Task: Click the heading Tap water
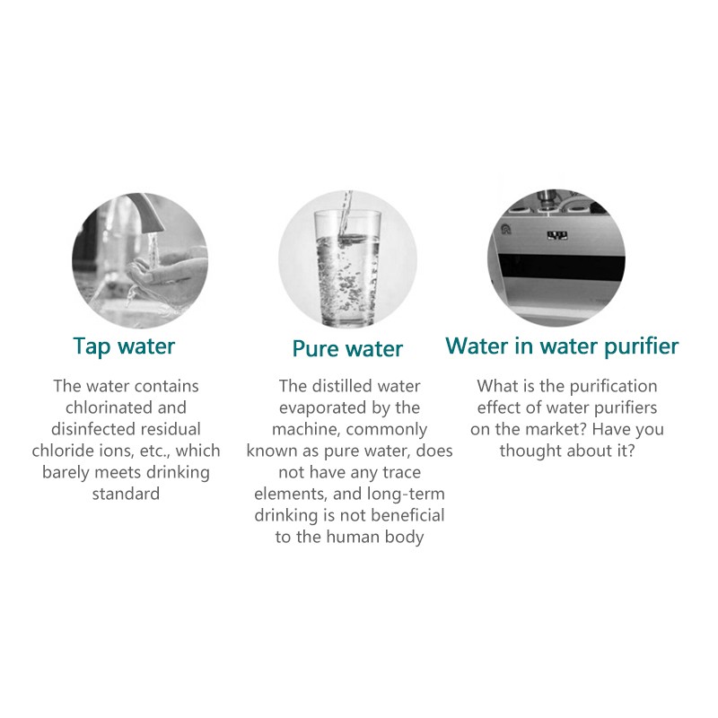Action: click(x=124, y=346)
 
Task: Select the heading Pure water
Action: click(x=347, y=349)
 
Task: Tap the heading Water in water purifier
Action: click(x=562, y=346)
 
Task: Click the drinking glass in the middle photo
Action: click(x=347, y=268)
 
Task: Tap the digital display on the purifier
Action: click(x=557, y=235)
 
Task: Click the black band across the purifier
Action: click(x=562, y=267)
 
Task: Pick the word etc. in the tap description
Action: click(x=155, y=451)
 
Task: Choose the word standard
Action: click(x=126, y=495)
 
